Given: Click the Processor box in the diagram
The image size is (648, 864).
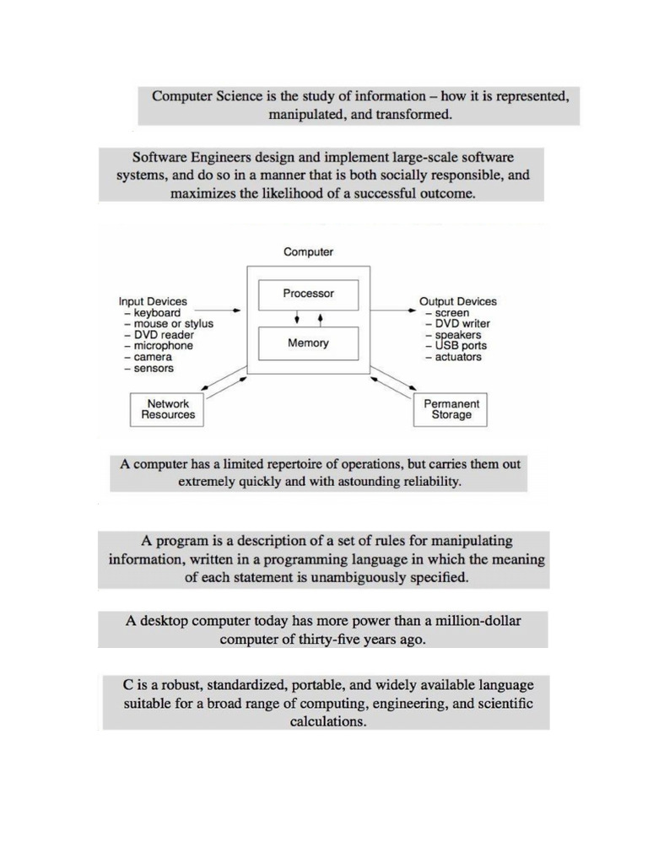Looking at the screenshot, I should (x=308, y=294).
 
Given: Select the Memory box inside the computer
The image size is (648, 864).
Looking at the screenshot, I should (x=308, y=343).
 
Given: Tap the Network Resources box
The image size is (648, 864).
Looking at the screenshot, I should (x=168, y=409).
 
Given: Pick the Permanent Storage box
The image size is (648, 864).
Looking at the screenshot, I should (x=451, y=409).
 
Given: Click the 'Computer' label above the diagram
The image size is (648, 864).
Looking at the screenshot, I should (x=308, y=251).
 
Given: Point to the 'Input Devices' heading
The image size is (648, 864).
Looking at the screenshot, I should (x=153, y=301).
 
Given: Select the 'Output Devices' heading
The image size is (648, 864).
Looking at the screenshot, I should (x=458, y=301).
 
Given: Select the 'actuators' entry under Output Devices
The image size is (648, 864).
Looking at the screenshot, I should (x=458, y=357).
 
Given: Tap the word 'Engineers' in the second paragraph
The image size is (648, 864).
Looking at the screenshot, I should (x=221, y=157).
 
